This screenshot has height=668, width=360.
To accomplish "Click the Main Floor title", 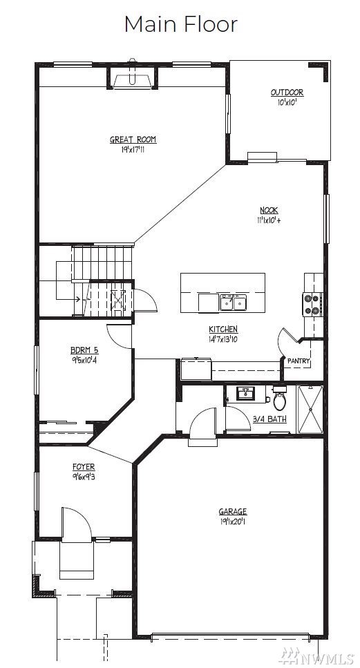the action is pos(180,24).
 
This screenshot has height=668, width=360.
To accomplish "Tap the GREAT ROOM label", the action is pos(133,140).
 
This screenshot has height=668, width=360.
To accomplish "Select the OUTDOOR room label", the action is pos(287,93).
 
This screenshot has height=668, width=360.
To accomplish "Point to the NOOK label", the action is pos(269,210).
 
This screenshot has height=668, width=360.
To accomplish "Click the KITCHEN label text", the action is pos(223,329).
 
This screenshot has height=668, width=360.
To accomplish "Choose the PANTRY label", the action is pos(299,361).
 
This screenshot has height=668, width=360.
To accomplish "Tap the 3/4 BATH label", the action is pos(269,419).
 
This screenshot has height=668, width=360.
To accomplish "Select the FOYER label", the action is pos(84,467).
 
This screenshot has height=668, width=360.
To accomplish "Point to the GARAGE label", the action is pos(233,512).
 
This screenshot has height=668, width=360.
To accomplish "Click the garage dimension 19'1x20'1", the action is pos(233,521).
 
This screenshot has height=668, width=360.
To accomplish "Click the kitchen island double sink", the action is pos(234,302).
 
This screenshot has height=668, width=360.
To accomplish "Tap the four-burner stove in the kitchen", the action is pos(312,304).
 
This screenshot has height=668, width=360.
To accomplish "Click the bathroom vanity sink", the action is pos(246,394).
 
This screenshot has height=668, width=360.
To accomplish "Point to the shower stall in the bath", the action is pos(310,410).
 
